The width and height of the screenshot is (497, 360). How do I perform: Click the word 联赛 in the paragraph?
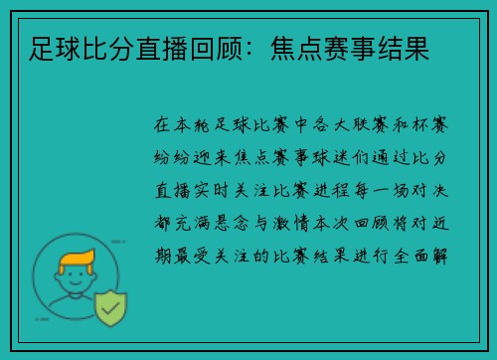click(x=359, y=127)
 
